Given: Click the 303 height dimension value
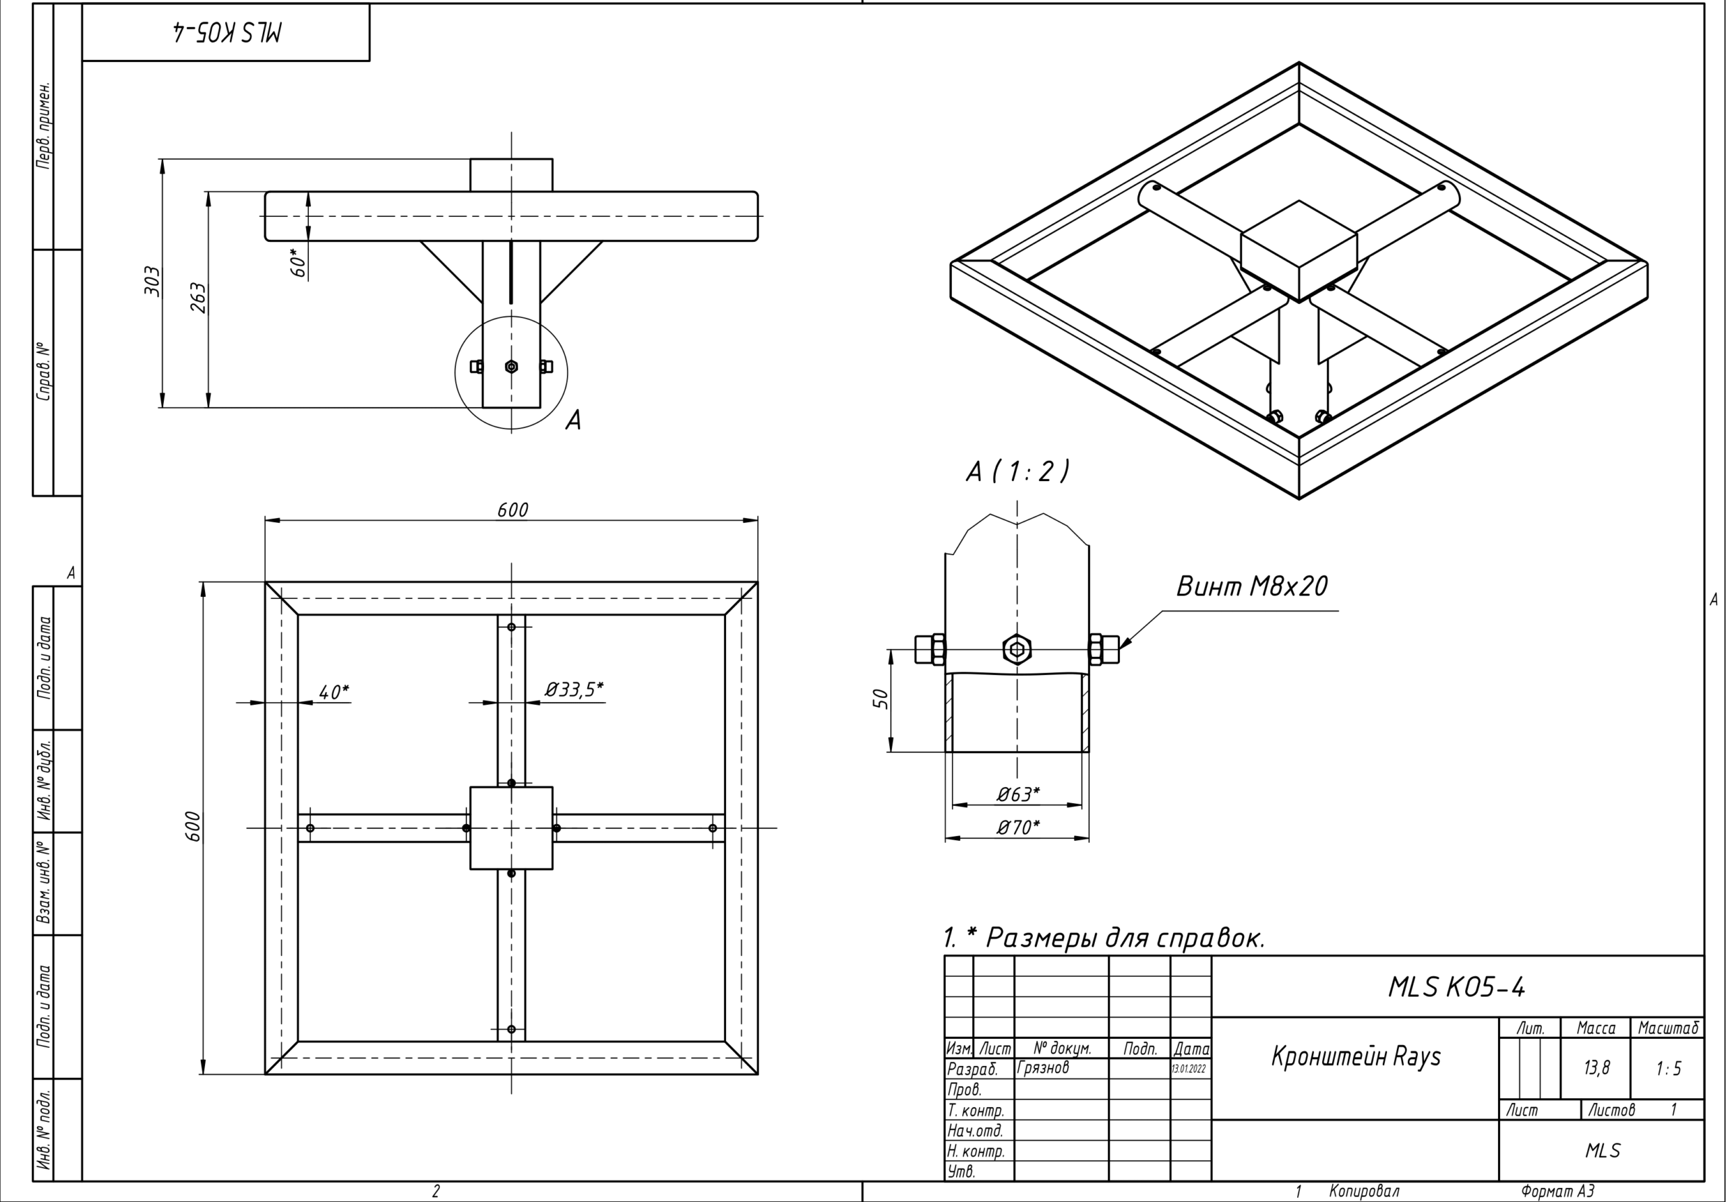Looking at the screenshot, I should point(152,281).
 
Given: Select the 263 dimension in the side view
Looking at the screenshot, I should point(197,298).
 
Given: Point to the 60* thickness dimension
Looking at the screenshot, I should point(299,263).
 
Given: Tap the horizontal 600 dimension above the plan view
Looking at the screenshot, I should point(512,510).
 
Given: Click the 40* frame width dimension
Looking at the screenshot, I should point(333,691).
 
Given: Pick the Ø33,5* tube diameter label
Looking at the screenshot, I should point(574,689).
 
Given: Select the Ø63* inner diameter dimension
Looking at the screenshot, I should point(1019,793).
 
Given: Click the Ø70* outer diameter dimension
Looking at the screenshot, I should point(1019,827).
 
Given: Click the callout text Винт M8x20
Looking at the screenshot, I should point(1251,587).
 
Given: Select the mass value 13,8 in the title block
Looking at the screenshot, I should point(1596,1067).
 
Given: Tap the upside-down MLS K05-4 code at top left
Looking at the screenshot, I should point(225,32).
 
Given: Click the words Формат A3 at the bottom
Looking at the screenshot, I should point(1557,1191).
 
